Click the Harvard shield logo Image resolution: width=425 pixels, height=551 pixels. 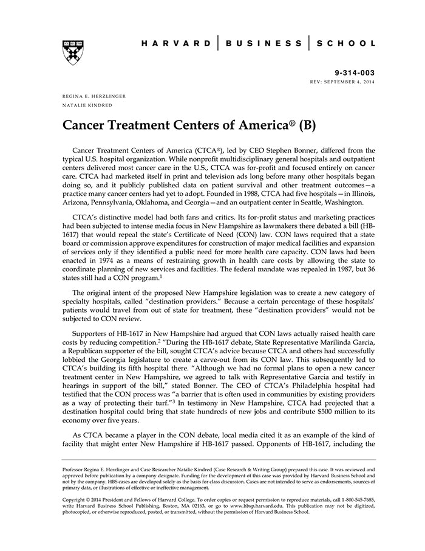click(x=72, y=52)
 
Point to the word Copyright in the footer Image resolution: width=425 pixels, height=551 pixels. click(x=76, y=499)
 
